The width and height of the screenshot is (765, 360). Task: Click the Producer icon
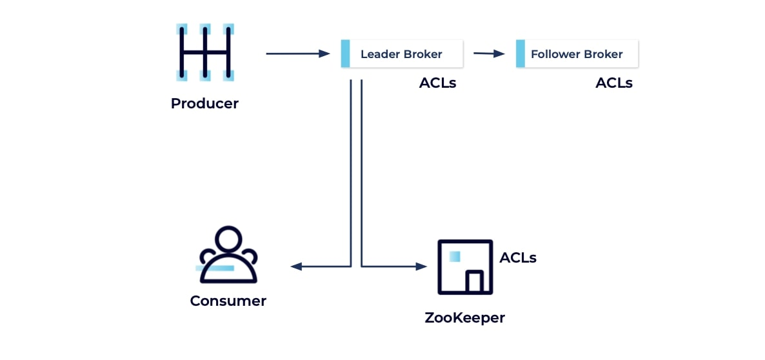point(204,53)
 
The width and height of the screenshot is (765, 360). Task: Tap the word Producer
point(204,103)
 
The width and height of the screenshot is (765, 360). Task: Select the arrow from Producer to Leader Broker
point(297,54)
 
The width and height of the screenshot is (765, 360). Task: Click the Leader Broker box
point(402,54)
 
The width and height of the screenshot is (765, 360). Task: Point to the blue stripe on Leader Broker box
point(345,54)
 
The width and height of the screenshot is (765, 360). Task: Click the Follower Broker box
point(577,54)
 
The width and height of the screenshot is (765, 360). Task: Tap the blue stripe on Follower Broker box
point(520,54)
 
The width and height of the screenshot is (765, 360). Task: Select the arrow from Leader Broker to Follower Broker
point(489,54)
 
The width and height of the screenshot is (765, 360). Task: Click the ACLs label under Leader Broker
point(437,83)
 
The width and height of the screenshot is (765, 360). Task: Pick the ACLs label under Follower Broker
point(614,83)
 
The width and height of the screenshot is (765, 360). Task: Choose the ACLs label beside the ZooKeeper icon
point(518,258)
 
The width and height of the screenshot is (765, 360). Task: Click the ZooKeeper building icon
point(466,267)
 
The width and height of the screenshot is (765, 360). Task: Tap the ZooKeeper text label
point(464,317)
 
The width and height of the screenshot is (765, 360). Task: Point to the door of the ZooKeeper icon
point(475,281)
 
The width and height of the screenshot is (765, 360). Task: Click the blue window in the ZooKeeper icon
point(455,256)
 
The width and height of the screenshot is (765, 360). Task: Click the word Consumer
point(228,301)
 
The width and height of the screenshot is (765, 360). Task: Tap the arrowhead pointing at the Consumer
point(295,266)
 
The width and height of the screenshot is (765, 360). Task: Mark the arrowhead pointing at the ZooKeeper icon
point(422,266)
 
